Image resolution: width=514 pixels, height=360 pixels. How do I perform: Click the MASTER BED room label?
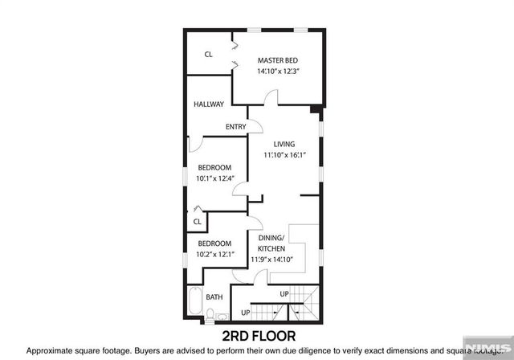click(278, 60)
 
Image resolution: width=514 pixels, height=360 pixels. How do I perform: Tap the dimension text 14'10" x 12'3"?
click(278, 72)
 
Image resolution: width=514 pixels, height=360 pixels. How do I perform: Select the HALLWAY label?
click(209, 104)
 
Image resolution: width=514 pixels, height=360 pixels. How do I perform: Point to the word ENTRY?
click(235, 126)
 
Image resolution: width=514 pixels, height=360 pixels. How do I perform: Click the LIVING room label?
click(285, 144)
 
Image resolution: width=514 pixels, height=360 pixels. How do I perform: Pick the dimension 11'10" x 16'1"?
click(285, 155)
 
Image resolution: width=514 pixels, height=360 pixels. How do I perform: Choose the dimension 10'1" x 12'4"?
click(215, 178)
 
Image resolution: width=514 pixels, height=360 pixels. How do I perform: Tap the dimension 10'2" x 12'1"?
click(215, 255)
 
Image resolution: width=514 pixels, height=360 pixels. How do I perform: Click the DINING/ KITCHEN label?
click(272, 243)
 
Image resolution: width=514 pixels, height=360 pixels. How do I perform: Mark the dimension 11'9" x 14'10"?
click(272, 260)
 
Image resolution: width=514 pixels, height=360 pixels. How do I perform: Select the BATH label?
click(214, 297)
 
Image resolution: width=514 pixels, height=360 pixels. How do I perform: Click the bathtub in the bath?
click(194, 303)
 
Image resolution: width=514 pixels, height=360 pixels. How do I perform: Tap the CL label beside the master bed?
click(208, 55)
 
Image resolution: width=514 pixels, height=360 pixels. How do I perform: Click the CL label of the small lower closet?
click(197, 222)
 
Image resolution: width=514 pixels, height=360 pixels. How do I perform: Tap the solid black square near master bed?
click(316, 109)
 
